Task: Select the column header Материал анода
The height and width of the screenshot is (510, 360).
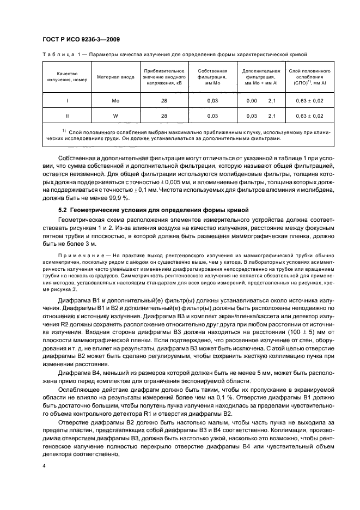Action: pyautogui.click(x=115, y=77)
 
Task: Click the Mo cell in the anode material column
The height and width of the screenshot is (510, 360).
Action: pyautogui.click(x=115, y=101)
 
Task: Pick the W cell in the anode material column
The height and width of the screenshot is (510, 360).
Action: pyautogui.click(x=115, y=116)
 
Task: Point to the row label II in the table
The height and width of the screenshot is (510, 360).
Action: pyautogui.click(x=67, y=116)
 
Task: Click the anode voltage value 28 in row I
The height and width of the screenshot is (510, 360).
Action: pyautogui.click(x=164, y=101)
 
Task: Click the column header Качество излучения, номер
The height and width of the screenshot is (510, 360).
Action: pyautogui.click(x=67, y=77)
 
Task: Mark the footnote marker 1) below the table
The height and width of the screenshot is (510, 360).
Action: pyautogui.click(x=64, y=130)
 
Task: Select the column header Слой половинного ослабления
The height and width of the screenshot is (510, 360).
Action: pyautogui.click(x=309, y=77)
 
